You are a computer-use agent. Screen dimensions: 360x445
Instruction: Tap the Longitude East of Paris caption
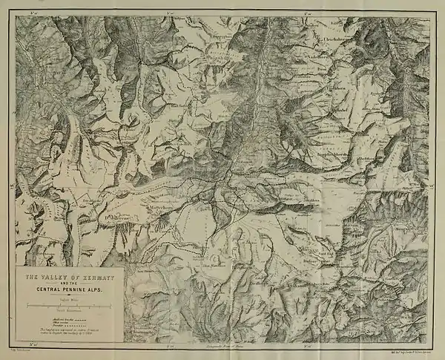coord(222,346)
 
